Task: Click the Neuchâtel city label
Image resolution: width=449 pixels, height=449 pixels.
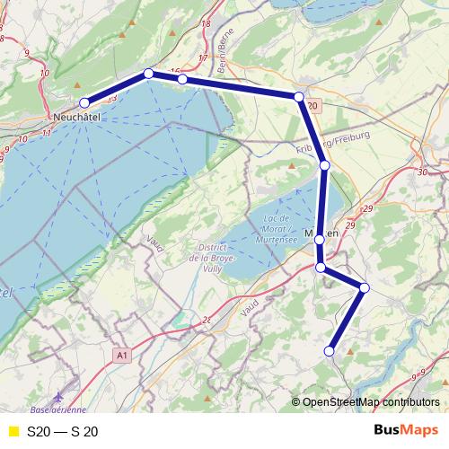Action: click(x=75, y=118)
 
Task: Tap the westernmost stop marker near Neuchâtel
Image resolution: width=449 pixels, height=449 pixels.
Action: click(x=85, y=102)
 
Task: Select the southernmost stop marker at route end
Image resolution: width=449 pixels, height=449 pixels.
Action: click(x=330, y=351)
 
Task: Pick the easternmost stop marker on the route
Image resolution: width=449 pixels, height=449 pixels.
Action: click(x=365, y=287)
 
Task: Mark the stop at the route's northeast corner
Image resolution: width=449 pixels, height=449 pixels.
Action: click(x=299, y=96)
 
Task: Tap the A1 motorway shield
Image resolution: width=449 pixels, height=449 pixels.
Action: click(x=123, y=357)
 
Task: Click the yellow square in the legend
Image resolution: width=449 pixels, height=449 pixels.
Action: click(x=13, y=431)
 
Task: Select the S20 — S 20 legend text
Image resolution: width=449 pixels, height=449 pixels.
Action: click(x=62, y=431)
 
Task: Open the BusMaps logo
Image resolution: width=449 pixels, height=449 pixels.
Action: click(x=406, y=430)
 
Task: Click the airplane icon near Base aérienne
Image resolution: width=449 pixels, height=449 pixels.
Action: click(x=58, y=394)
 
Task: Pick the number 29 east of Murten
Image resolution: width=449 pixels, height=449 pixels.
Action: click(x=349, y=224)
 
